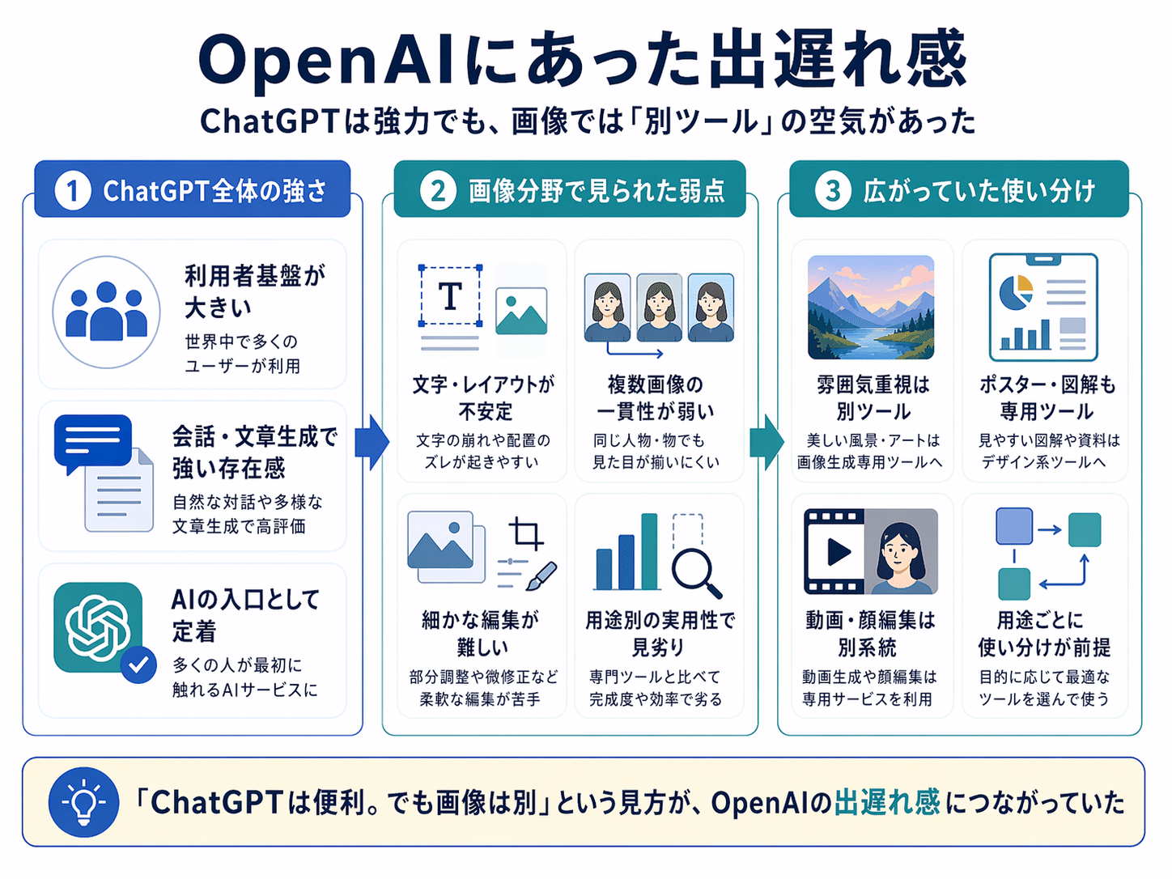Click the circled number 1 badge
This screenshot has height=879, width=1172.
(72, 190)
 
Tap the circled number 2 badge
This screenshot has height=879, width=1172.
(437, 190)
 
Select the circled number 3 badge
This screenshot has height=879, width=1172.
(832, 190)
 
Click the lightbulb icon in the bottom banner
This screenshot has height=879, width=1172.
(83, 801)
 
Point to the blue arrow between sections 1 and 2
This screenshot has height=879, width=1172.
(372, 443)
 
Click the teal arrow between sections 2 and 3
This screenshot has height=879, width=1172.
(766, 443)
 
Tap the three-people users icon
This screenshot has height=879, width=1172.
(106, 312)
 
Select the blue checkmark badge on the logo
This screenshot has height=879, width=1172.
(138, 665)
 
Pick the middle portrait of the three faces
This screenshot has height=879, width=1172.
(659, 308)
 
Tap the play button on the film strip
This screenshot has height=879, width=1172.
(839, 551)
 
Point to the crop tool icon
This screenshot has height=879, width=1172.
(526, 533)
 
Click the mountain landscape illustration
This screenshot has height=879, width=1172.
(871, 307)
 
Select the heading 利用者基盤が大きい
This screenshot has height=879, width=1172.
(255, 291)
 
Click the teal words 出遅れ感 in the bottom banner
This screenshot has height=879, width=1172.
(887, 802)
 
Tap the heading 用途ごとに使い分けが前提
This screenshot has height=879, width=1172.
(1044, 634)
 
